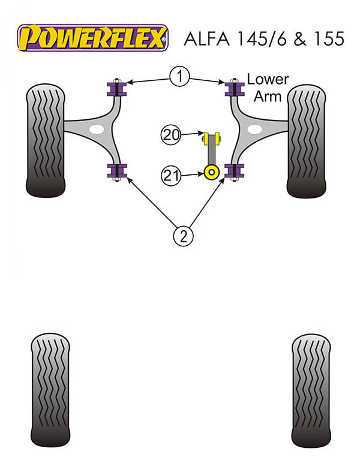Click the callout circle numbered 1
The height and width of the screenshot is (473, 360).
coord(179,76)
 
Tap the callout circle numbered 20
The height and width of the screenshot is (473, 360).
coord(171,134)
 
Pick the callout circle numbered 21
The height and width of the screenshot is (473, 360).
coord(171,175)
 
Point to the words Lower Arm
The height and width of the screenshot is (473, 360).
coord(268,88)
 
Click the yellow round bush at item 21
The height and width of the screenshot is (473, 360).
coord(211,173)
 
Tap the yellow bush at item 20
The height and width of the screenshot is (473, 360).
coord(211,138)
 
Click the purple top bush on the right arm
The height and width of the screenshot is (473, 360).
coord(235,90)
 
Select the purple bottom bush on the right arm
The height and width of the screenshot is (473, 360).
coord(235,171)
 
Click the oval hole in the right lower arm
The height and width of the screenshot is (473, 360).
coord(254,129)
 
